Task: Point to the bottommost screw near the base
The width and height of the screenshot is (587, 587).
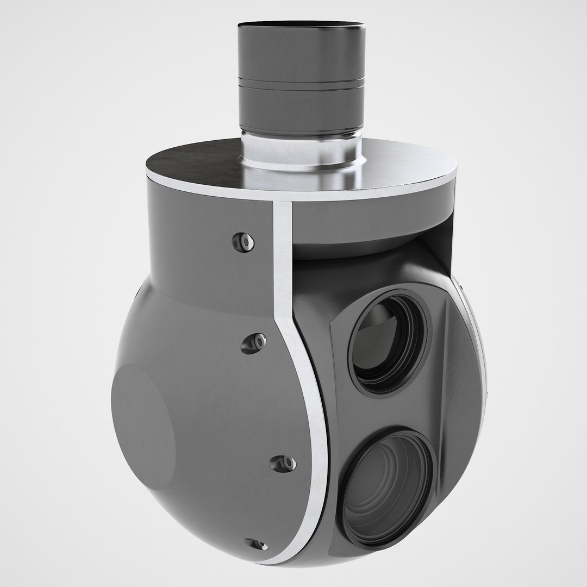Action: point(254,544)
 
